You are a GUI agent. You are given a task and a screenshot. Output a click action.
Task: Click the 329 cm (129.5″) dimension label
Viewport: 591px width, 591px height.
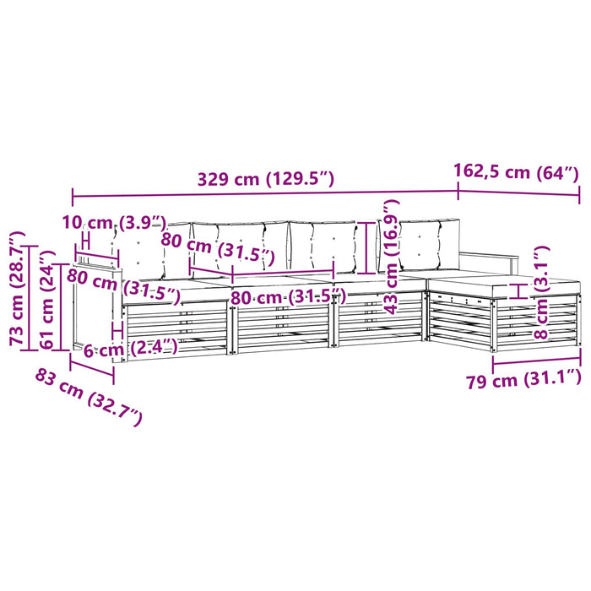tap(266, 179)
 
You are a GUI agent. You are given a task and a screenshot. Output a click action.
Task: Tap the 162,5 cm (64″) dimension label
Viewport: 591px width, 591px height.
tap(516, 172)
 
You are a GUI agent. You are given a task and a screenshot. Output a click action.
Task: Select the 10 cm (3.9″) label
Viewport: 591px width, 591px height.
tap(115, 223)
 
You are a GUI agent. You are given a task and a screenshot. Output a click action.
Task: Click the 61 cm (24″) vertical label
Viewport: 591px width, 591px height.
tap(46, 300)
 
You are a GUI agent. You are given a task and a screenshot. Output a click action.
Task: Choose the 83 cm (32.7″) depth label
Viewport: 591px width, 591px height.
tap(89, 398)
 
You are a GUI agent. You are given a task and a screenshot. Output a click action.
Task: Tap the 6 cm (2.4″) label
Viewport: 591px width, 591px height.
tap(130, 348)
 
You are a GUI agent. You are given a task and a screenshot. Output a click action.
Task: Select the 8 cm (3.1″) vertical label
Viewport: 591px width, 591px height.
tap(541, 292)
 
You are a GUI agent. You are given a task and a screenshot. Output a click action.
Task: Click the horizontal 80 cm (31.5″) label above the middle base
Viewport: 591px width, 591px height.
tap(289, 297)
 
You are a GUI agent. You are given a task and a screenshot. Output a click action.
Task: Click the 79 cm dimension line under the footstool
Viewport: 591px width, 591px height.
tap(536, 361)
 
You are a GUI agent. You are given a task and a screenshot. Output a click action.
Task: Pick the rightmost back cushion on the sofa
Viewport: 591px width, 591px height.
tap(430, 244)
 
